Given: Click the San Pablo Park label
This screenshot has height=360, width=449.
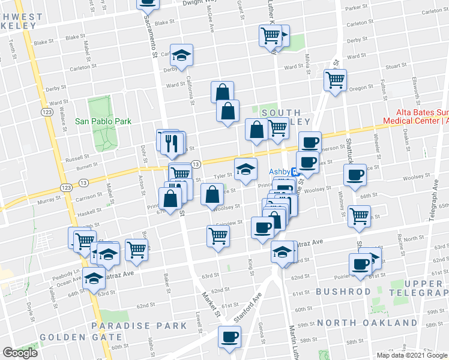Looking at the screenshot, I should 103,121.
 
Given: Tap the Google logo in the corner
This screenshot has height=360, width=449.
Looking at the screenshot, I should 19,353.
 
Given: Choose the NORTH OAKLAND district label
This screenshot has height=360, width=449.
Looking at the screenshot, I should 367,323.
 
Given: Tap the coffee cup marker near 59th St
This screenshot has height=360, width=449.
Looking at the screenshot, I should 228,336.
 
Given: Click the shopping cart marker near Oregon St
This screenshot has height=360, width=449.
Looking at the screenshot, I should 335,79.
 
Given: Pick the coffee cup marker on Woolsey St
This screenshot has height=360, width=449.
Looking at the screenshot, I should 354,175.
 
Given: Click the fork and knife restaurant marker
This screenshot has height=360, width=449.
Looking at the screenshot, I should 173,142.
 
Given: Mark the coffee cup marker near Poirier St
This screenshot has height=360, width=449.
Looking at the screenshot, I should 360,264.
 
